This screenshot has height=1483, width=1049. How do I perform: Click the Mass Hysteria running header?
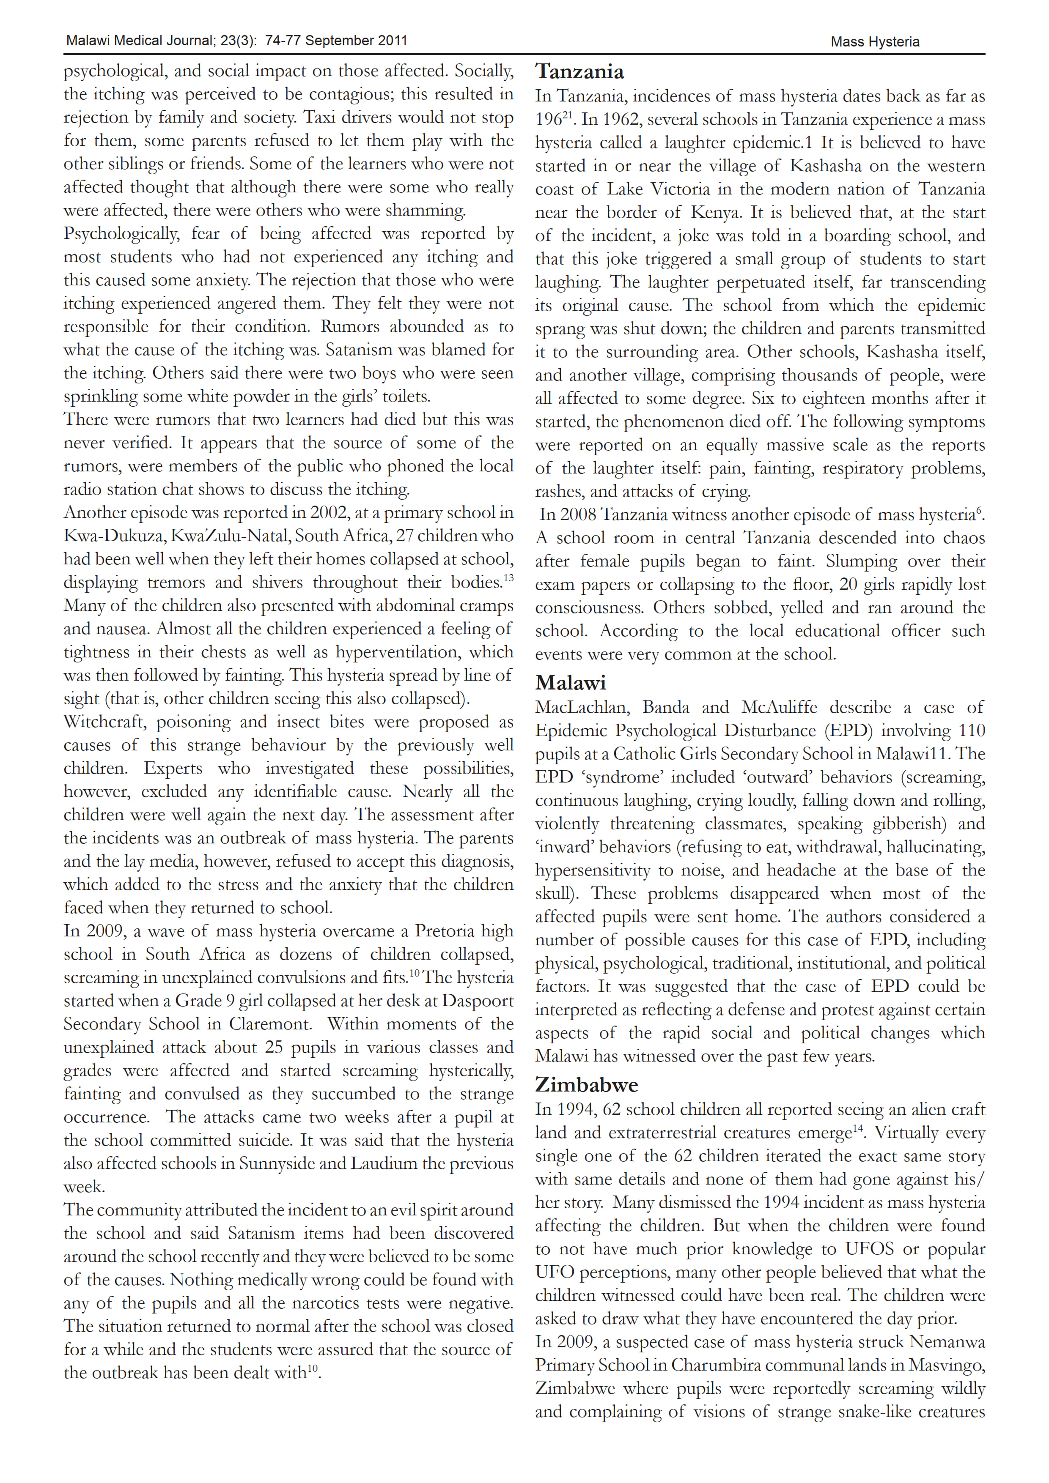pyautogui.click(x=874, y=42)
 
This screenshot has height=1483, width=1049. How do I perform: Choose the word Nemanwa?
pyautogui.click(x=947, y=1342)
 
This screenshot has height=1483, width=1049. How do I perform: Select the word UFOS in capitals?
pyautogui.click(x=870, y=1249)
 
